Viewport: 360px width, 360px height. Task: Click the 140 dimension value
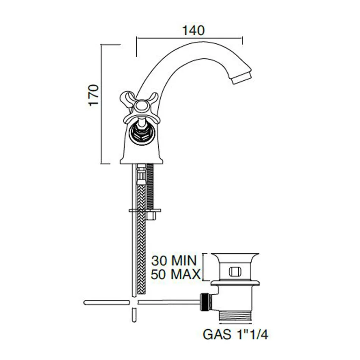(x=193, y=31)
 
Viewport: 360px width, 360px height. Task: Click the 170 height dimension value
(x=94, y=95)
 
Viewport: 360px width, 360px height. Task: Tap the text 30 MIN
(x=174, y=261)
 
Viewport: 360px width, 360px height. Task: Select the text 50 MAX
(x=175, y=274)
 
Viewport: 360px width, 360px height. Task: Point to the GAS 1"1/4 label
(x=236, y=335)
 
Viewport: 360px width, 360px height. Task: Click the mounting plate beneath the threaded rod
(x=145, y=210)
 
